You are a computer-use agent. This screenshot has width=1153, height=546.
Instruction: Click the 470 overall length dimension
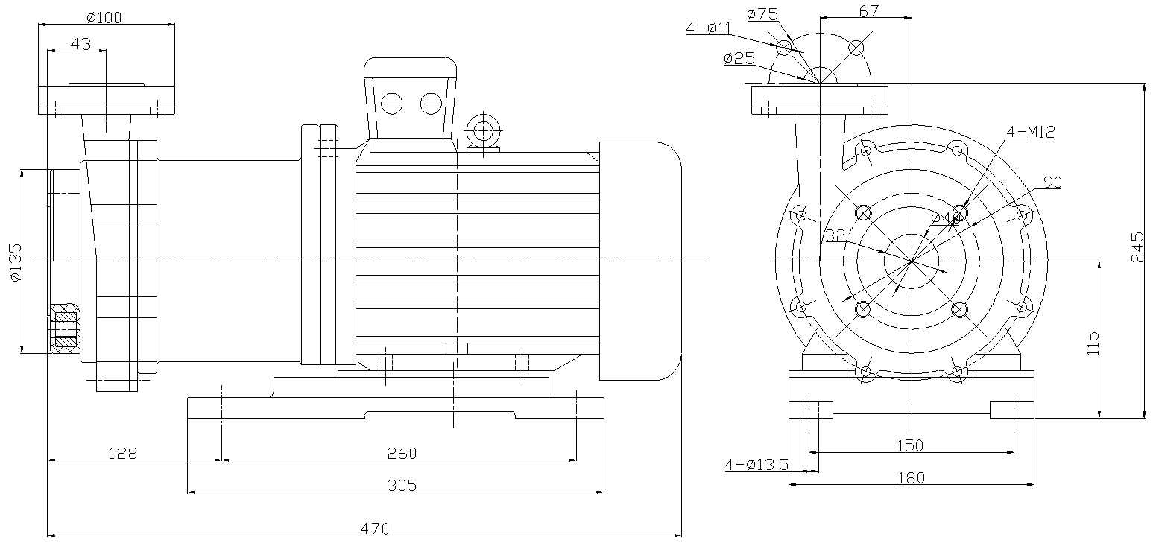[x=376, y=529]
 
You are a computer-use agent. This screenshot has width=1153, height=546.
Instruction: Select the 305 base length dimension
[x=402, y=486]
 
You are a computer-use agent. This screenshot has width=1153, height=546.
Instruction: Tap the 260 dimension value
[x=402, y=453]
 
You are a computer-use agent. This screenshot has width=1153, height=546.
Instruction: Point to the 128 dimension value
[x=123, y=453]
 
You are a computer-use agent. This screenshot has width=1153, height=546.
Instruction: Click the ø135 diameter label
[x=15, y=263]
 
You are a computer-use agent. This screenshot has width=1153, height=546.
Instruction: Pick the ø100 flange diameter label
[x=104, y=16]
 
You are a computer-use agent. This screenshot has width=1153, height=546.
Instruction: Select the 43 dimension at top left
[x=80, y=44]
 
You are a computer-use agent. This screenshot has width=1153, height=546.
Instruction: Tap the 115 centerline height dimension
[x=1093, y=343]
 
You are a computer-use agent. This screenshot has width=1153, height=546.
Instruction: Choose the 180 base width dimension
[x=910, y=477]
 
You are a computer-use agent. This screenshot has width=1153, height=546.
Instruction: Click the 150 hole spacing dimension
[x=910, y=445]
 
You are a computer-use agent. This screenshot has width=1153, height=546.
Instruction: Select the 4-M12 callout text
[x=1030, y=133]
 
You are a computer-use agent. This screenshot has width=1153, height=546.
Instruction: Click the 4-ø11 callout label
[x=709, y=29]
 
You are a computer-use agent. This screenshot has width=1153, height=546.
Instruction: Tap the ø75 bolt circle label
[x=762, y=13]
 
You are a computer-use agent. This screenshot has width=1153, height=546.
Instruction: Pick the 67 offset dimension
[x=869, y=10]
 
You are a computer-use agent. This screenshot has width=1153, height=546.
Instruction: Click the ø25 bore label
[x=739, y=59]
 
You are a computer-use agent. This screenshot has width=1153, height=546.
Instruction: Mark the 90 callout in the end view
[x=1052, y=182]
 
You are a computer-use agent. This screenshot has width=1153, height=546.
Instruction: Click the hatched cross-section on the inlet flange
[x=66, y=328]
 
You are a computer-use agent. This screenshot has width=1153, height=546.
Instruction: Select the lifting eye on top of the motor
[x=483, y=133]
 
